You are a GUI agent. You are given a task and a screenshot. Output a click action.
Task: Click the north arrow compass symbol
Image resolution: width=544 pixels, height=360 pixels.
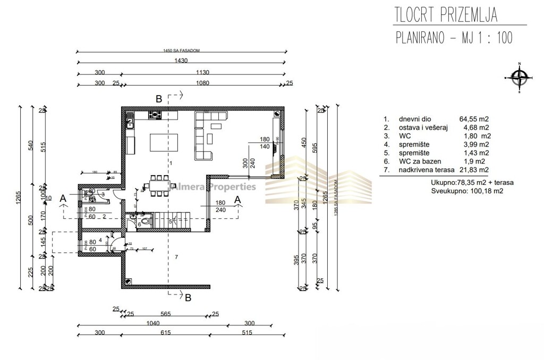[x=517, y=77]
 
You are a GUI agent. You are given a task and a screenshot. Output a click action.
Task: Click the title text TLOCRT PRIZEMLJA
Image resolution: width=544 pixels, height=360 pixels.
[x=446, y=15]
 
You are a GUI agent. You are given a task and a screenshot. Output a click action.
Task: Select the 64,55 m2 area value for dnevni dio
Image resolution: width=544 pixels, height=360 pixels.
[x=474, y=119]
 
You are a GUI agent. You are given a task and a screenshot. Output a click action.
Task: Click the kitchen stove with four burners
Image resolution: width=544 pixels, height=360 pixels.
[x=155, y=114]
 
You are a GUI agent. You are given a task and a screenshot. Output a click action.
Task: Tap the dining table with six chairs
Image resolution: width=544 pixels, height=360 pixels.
[x=157, y=185]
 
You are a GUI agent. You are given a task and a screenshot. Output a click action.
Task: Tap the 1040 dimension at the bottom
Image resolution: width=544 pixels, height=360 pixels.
[x=152, y=323]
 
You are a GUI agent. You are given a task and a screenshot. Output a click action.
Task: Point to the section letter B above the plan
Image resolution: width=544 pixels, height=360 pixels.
[x=158, y=99]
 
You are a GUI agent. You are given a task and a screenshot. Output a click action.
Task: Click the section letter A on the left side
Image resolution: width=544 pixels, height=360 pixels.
[x=63, y=198]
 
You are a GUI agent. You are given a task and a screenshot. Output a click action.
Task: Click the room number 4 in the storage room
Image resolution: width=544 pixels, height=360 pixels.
[x=100, y=241]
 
